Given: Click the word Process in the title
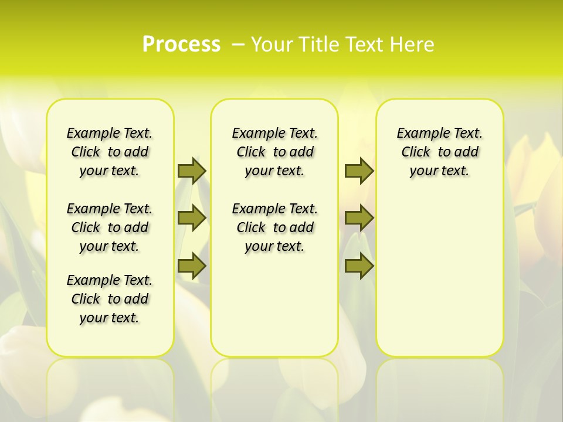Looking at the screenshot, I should pos(181,45).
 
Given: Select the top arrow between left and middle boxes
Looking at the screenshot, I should pos(192,171).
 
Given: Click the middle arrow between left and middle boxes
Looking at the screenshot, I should pos(192,218).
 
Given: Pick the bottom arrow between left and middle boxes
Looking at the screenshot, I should pos(192,267).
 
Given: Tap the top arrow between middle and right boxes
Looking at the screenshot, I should pos(359,171).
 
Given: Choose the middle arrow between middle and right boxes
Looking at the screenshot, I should pos(359,218).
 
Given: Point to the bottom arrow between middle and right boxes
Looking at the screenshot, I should pos(359,267).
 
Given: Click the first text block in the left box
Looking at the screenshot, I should pos(110,152).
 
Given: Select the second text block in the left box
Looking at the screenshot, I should pos(110,227).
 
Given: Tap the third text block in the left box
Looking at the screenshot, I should pos(110,299).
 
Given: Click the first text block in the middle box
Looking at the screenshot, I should pos(274,152).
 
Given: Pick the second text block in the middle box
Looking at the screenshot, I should pos(274,227).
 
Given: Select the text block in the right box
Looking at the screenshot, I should pos(439,152).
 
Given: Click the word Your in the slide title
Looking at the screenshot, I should pos(272,45).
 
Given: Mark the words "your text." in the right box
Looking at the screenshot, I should pos(439,171).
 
